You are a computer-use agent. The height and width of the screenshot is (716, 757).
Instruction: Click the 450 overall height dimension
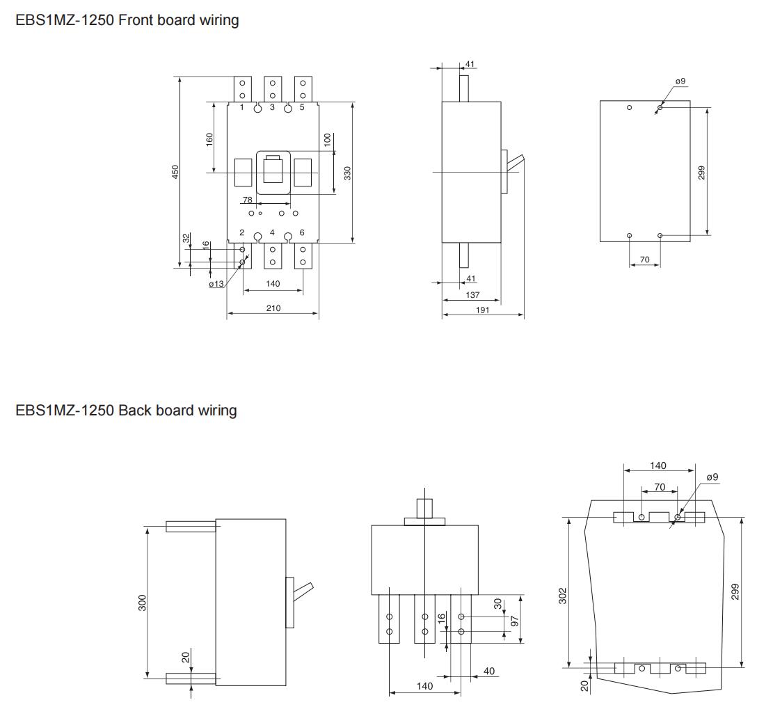175,172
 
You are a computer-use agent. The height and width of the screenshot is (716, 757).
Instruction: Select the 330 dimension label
347,173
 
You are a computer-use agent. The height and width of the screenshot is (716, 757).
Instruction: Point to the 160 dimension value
209,140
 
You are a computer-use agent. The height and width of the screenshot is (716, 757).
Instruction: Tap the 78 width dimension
247,200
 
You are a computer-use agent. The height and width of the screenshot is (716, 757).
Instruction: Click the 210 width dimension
273,308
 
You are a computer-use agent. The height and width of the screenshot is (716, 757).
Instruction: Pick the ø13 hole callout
216,284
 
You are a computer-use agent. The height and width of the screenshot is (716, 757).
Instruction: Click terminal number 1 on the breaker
242,107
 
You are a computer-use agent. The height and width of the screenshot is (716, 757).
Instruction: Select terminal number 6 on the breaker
302,232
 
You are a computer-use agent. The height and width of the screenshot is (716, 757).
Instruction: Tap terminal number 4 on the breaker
272,232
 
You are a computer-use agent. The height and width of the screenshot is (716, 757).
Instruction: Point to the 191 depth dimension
482,310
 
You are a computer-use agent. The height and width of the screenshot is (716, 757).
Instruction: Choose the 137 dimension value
472,294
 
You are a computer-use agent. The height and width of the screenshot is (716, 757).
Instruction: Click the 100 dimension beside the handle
327,140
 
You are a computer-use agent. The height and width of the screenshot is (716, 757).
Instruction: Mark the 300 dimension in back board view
142,603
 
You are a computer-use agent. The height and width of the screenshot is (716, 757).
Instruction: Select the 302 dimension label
562,596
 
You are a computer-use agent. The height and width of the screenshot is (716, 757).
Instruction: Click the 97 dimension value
515,621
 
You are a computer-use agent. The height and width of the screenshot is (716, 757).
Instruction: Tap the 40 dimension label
488,671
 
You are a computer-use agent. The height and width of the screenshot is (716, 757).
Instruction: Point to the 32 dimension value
186,238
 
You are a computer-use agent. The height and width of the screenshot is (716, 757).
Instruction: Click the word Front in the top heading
136,19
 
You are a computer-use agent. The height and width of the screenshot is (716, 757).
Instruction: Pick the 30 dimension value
497,603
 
